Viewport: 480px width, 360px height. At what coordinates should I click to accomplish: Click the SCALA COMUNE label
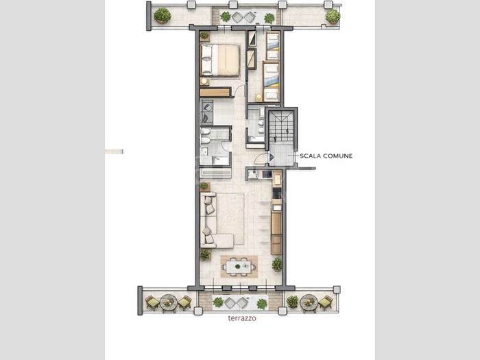click(x=326, y=156)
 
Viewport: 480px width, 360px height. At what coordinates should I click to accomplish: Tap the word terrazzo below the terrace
click(x=242, y=318)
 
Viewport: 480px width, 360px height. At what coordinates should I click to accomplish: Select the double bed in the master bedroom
click(x=220, y=60)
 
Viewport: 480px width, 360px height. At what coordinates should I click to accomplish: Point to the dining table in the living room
click(x=239, y=266)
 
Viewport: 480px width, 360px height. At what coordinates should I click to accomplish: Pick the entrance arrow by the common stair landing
click(x=271, y=157)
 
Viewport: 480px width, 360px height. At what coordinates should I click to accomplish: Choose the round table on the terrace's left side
click(x=168, y=302)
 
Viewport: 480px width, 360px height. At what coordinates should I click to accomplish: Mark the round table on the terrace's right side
click(x=309, y=302)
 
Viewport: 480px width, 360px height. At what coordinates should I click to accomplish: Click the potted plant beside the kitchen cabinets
click(x=277, y=264)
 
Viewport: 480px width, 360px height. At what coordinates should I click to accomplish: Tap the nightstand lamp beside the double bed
click(x=204, y=82)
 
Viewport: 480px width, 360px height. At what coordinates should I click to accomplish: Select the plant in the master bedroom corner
click(x=204, y=36)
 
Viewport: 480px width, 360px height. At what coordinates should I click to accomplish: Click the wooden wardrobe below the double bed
click(x=215, y=92)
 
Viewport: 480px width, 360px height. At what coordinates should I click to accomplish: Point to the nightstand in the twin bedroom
click(x=259, y=97)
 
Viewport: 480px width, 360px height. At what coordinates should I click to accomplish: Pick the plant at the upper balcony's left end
click(x=162, y=16)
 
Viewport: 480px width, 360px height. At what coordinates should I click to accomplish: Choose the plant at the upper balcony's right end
click(x=333, y=16)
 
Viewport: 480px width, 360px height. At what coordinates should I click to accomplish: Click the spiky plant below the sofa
click(x=205, y=254)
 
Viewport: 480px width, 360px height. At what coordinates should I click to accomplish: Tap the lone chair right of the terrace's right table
click(x=326, y=302)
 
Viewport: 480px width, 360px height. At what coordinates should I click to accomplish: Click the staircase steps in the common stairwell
click(x=281, y=126)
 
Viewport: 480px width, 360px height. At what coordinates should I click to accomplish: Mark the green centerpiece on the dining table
click(x=238, y=266)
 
